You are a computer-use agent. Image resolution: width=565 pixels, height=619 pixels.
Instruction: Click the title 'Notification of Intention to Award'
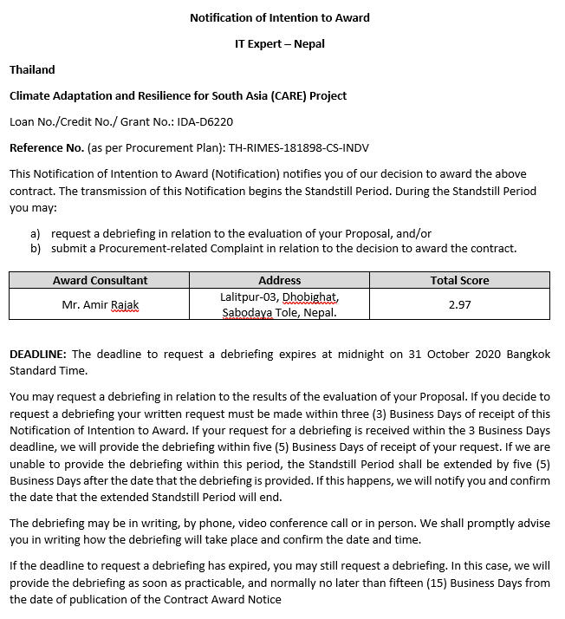point(280,17)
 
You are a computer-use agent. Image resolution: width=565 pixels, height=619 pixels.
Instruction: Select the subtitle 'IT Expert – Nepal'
point(280,43)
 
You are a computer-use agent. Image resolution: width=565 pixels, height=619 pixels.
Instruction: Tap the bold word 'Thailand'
point(32,69)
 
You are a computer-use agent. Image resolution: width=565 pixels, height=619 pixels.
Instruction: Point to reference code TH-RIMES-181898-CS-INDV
point(299,148)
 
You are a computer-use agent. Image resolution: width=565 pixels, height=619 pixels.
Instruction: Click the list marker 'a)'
point(36,233)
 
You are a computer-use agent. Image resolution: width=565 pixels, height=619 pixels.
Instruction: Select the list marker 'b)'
point(36,248)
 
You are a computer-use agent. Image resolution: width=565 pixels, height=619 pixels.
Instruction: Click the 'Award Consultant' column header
point(100,280)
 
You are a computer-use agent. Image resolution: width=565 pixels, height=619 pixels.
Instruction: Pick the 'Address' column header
point(280,280)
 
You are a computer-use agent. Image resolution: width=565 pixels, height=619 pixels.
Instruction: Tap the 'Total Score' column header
point(459,280)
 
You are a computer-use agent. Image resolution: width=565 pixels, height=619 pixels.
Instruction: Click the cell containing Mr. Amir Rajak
point(100,304)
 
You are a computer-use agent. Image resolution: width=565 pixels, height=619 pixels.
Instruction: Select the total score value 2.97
point(459,304)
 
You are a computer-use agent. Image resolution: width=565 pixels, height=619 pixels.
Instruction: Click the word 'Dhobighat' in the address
point(310,297)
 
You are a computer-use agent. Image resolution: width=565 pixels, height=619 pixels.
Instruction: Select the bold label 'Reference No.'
point(47,148)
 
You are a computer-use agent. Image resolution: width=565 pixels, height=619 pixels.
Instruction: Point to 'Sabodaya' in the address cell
point(246,312)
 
